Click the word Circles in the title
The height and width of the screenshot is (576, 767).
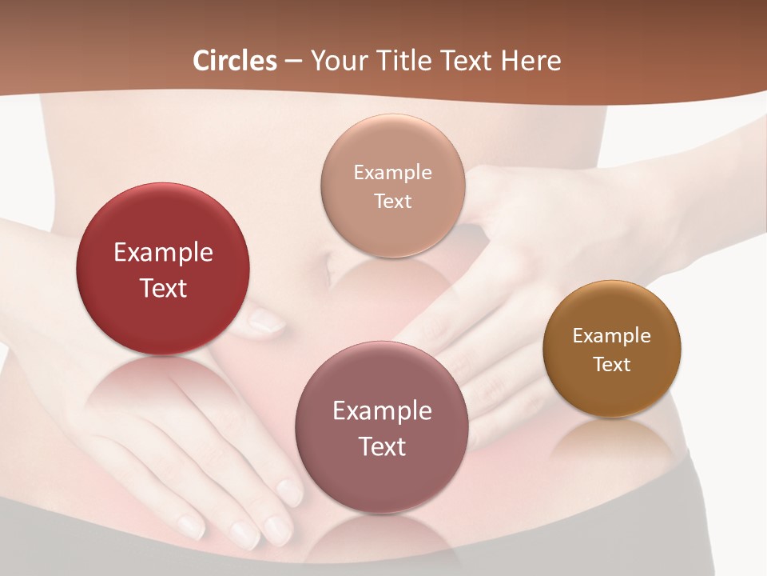coord(235,61)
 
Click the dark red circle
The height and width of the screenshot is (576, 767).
coord(163,232)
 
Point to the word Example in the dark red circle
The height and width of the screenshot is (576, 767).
coord(163,253)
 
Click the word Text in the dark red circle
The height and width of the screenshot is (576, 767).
coord(163,288)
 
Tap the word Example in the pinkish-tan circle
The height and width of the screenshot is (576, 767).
coord(392,172)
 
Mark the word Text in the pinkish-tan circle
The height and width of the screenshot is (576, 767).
coord(392,201)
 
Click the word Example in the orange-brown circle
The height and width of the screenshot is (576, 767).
coord(611,335)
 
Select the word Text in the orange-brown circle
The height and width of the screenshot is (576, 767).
coord(611,364)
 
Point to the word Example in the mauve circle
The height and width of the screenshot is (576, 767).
coord(382,411)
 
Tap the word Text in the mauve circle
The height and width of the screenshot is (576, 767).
coord(382,446)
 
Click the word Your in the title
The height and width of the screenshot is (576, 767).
coord(336,61)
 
